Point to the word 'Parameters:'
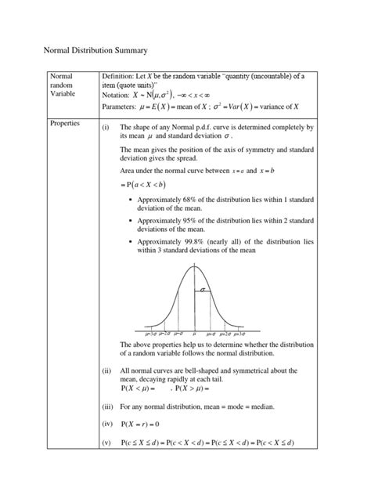121,107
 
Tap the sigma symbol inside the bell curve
203,290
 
